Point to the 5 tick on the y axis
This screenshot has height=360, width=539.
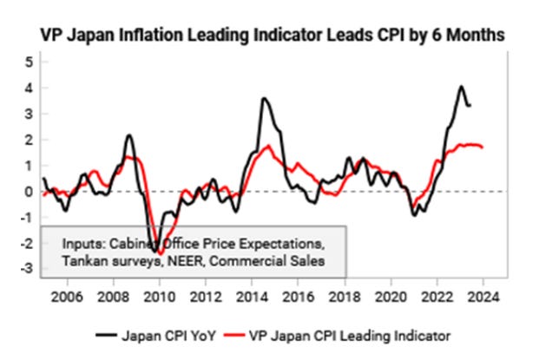pyautogui.click(x=30, y=62)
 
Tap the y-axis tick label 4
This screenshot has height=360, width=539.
pyautogui.click(x=30, y=88)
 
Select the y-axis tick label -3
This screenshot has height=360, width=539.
pyautogui.click(x=27, y=269)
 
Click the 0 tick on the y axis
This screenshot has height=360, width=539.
pyautogui.click(x=30, y=192)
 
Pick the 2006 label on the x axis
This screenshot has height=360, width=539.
pyautogui.click(x=67, y=296)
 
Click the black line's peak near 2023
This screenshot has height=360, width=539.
pyautogui.click(x=462, y=87)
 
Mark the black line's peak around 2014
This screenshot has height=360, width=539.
pyautogui.click(x=263, y=99)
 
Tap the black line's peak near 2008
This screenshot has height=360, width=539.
pyautogui.click(x=128, y=135)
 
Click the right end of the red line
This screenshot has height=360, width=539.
pyautogui.click(x=483, y=147)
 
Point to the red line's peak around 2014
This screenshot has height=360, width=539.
pyautogui.click(x=268, y=146)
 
